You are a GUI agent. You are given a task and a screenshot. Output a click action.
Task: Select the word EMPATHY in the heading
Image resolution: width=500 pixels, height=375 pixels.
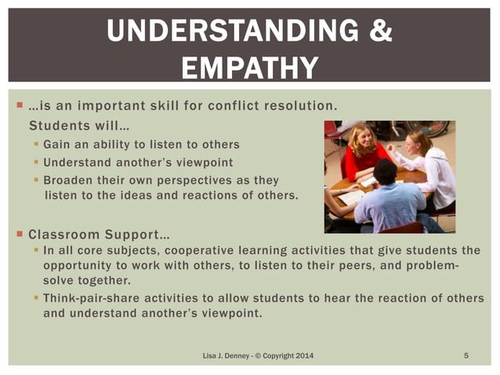tap(250, 67)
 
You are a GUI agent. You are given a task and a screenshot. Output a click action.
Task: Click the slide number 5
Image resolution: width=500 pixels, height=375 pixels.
tap(466, 357)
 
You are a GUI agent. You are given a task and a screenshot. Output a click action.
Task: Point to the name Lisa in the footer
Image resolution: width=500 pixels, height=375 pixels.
tap(211, 357)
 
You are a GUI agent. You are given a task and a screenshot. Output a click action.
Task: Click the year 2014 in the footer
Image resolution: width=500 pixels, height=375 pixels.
tap(300, 357)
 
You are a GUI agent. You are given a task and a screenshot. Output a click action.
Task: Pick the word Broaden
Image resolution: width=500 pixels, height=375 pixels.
tap(69, 179)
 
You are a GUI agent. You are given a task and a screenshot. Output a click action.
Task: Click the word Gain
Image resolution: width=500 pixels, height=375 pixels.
tap(57, 144)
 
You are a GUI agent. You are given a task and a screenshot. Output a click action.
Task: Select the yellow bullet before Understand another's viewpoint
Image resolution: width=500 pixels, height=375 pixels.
tap(36, 162)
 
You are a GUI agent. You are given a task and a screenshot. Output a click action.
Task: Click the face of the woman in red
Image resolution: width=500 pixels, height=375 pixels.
tap(367, 140)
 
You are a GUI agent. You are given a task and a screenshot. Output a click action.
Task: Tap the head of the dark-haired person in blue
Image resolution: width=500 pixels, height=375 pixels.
tap(385, 170)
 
